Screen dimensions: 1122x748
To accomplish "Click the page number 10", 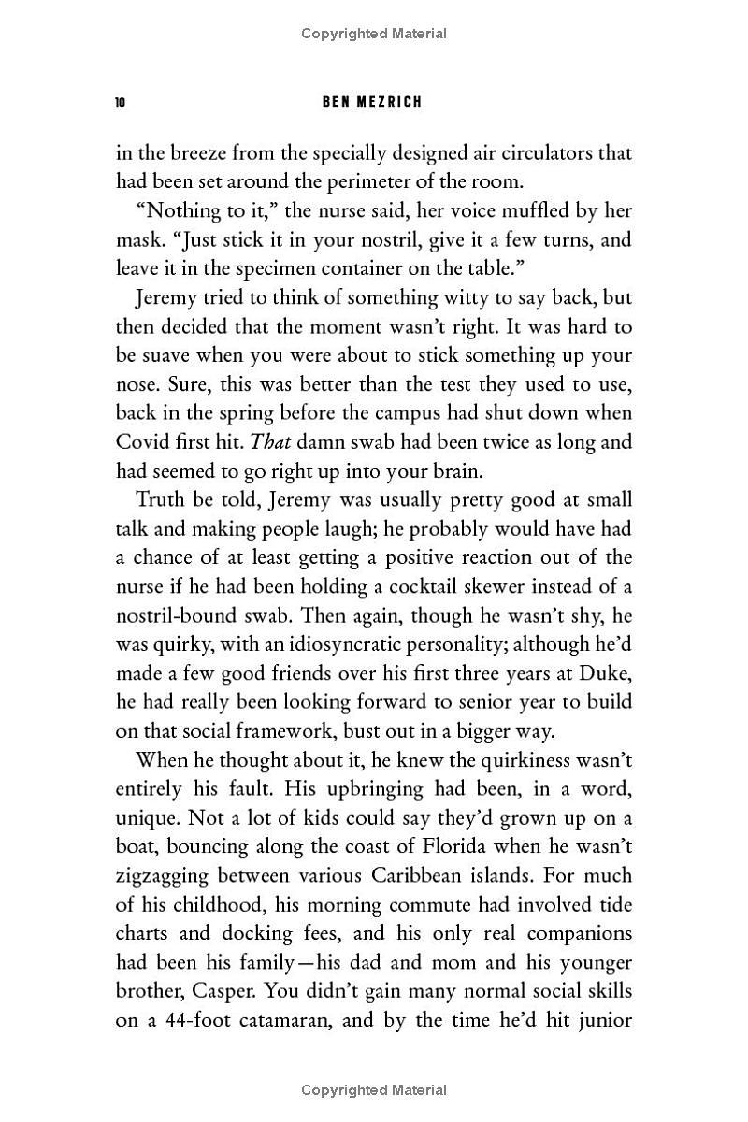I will coord(121,102).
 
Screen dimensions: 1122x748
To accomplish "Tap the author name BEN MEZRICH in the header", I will coord(372,102).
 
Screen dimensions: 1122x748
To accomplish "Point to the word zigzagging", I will coord(171,876).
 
